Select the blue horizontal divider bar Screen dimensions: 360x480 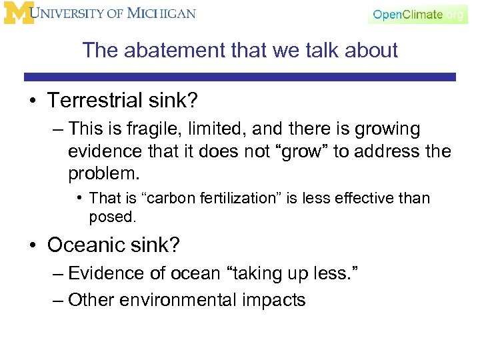pos(240,77)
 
